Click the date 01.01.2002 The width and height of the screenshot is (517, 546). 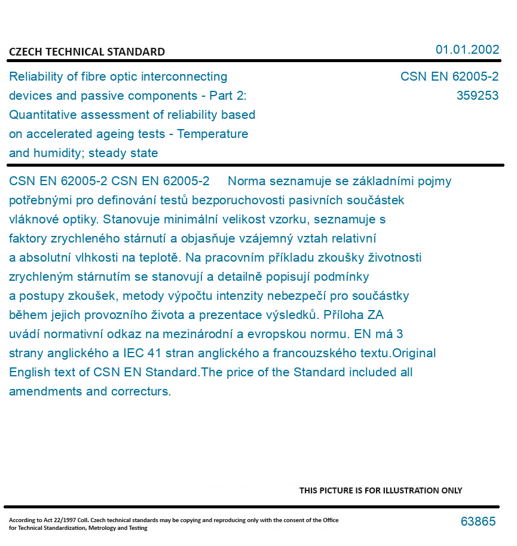(467, 50)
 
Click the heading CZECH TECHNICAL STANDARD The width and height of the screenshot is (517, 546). (87, 52)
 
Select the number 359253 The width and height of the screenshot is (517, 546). (477, 96)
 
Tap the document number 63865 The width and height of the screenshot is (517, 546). (478, 522)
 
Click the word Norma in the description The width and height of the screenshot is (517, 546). (246, 181)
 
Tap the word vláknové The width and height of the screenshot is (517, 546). (32, 219)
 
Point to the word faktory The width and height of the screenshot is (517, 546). (28, 238)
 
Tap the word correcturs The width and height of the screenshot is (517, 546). (141, 392)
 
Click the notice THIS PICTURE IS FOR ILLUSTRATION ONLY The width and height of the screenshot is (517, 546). (380, 490)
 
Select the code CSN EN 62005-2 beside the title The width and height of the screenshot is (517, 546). (449, 76)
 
